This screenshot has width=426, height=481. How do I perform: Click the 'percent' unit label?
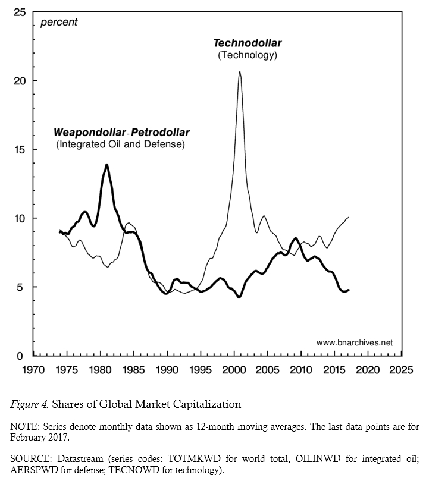(x=58, y=23)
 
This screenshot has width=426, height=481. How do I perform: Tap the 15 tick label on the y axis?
(x=21, y=149)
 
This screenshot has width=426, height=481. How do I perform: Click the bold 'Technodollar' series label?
(x=248, y=43)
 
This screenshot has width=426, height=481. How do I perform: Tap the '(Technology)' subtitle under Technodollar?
(x=248, y=55)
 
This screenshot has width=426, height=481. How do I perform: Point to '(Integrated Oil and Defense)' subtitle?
(x=120, y=144)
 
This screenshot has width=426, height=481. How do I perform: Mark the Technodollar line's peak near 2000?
(x=239, y=72)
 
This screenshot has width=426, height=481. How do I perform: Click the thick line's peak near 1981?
(x=107, y=165)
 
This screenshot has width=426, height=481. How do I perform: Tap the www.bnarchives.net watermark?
(x=355, y=343)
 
